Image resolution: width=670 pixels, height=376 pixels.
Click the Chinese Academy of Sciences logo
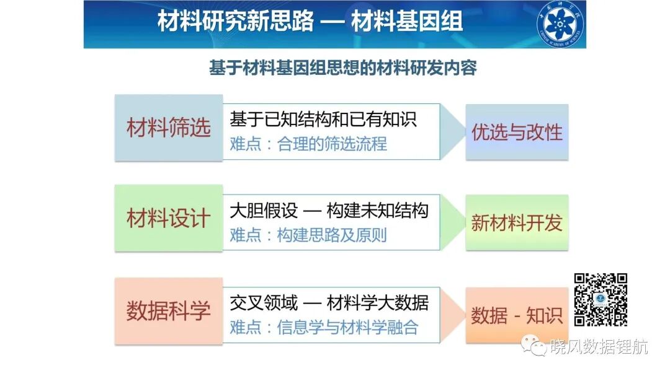pyautogui.click(x=560, y=24)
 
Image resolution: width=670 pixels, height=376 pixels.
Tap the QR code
pyautogui.click(x=601, y=300)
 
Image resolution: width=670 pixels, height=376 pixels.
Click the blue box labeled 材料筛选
pyautogui.click(x=169, y=128)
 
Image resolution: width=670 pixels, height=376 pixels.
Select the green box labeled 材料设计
pyautogui.click(x=169, y=218)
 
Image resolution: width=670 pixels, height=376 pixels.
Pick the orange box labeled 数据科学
pyautogui.click(x=169, y=311)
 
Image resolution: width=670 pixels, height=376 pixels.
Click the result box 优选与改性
pyautogui.click(x=517, y=133)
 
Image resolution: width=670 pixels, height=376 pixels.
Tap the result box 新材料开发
pyautogui.click(x=517, y=223)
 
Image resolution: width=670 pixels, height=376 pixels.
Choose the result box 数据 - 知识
pyautogui.click(x=517, y=315)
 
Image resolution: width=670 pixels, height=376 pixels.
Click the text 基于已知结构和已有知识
pyautogui.click(x=323, y=119)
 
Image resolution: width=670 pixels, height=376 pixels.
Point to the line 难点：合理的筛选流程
pyautogui.click(x=308, y=144)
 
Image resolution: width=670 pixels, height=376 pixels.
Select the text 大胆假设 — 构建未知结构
pyautogui.click(x=329, y=211)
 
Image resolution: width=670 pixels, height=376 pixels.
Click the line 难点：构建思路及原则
pyautogui.click(x=308, y=235)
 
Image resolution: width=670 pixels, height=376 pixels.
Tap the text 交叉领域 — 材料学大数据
pyautogui.click(x=329, y=303)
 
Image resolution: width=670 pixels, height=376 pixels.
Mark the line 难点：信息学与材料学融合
pyautogui.click(x=324, y=328)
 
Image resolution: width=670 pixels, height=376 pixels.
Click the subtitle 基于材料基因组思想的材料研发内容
pyautogui.click(x=342, y=68)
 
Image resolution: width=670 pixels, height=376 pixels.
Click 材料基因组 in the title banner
pyautogui.click(x=407, y=21)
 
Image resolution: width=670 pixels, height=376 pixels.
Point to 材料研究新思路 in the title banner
pyautogui.click(x=236, y=21)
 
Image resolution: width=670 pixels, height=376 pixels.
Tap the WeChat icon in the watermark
pyautogui.click(x=534, y=345)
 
